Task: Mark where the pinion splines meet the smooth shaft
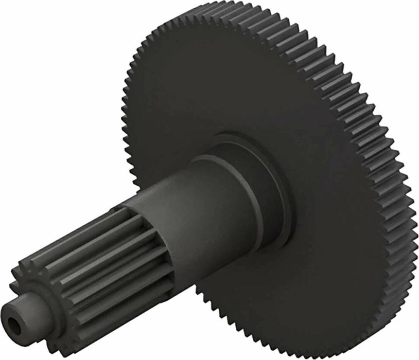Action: (129, 216)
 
